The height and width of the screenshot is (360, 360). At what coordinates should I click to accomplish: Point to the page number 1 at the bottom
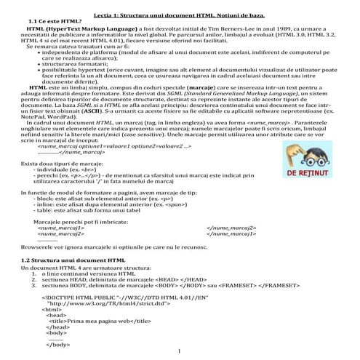point(179,353)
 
